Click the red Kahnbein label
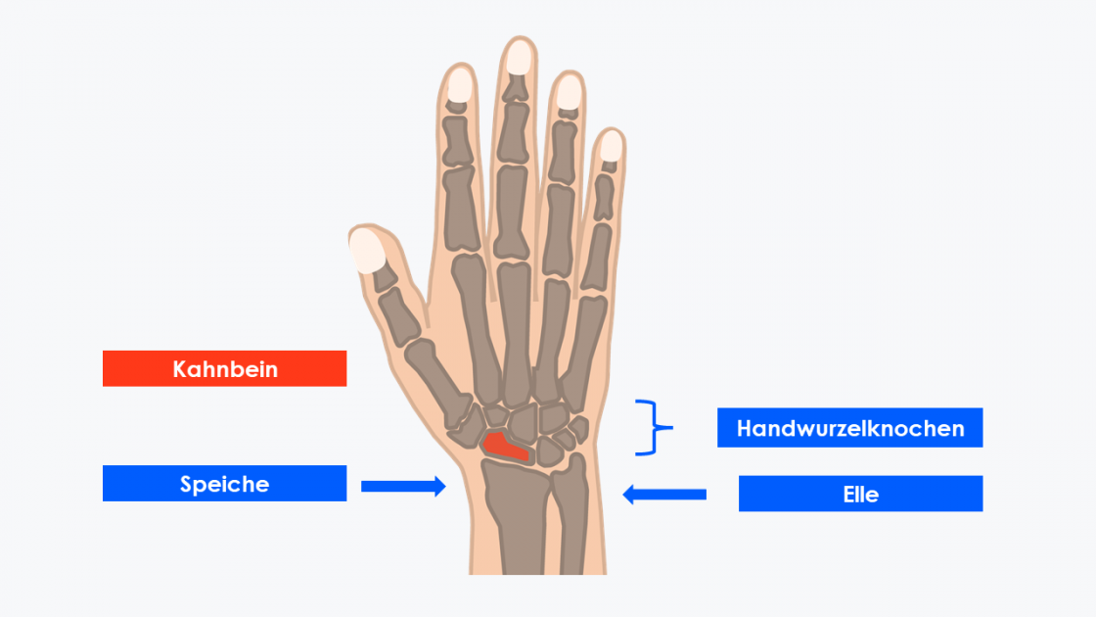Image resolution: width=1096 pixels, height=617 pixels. pos(224,368)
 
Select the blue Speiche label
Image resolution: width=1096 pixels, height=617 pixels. pos(224,484)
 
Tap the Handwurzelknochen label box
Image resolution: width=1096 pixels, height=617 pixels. pos(850,427)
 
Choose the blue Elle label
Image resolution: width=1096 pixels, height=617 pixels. pos(860,494)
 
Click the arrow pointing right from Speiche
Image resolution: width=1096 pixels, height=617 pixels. pos(403,486)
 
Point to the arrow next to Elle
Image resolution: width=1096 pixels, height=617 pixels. pos(664,495)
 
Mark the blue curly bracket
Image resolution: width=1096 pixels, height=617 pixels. pos(654,427)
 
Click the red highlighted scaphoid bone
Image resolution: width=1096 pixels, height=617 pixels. pos(505,447)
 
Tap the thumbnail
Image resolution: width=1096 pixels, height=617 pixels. pos(367,250)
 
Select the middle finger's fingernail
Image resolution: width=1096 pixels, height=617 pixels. pos(519,58)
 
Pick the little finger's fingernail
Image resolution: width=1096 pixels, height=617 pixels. pos(611,146)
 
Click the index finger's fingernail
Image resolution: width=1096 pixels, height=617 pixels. pos(459,86)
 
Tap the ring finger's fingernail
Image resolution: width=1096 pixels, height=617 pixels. pos(569,92)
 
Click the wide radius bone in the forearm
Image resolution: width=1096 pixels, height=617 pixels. pos(519,518)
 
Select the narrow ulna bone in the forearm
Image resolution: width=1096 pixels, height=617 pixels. pos(571,515)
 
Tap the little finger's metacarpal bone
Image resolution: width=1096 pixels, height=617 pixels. pos(584,353)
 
